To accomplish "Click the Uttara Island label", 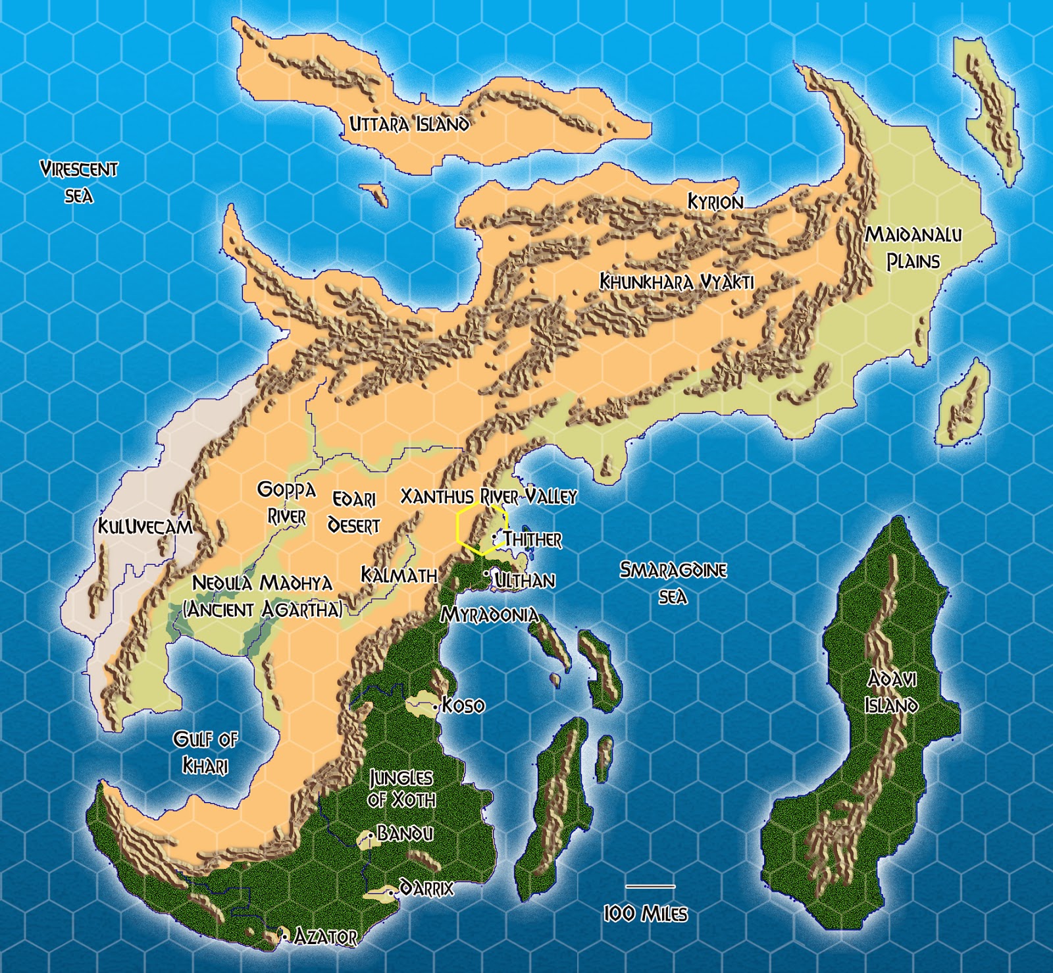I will pos(409,124).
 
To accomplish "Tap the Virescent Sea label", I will pos(79,182).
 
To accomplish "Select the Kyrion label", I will pos(715,201).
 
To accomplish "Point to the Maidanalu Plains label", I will pos(913,248).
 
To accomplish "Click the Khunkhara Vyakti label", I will pos(677,282).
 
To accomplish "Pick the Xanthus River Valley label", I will pos(488,496).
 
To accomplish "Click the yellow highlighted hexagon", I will pos(482,529).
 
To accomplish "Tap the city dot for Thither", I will pos(494,538).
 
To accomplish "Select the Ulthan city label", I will pos(525,580).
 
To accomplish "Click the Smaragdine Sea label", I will pos(673,583).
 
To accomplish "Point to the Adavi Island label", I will pos(892,692).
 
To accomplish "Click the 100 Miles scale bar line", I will pos(650,886).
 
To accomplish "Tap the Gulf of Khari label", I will pos(205,752).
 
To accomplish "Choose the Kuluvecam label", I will pos(145,527).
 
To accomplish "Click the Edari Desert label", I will pos(354,512).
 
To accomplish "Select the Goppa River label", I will pos(286,503).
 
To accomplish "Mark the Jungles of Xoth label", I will pos(401,789).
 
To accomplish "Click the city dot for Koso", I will pos(436,707).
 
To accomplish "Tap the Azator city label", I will pos(325,936).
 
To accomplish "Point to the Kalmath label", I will pos(399,575).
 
